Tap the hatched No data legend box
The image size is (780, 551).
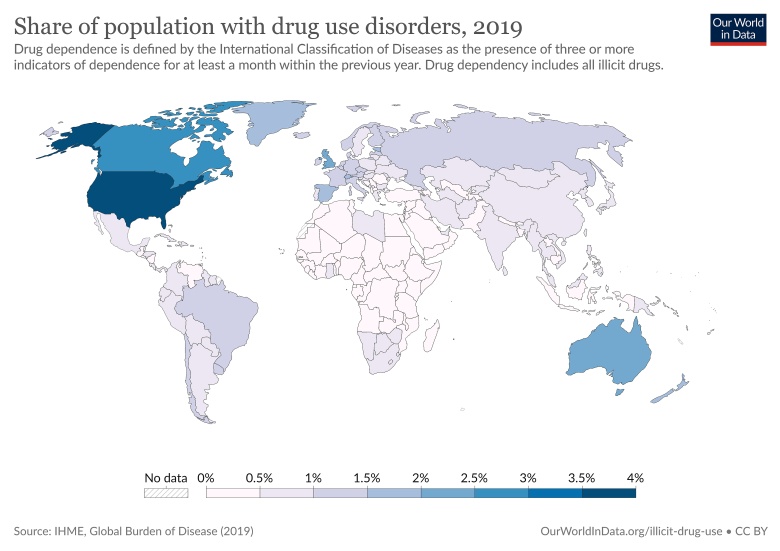point(166,492)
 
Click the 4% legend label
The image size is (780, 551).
point(635,477)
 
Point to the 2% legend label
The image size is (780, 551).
point(420,477)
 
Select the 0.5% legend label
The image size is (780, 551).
point(259,477)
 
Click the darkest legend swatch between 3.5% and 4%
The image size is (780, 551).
point(609,492)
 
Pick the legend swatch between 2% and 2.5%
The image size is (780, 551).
point(447,492)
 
